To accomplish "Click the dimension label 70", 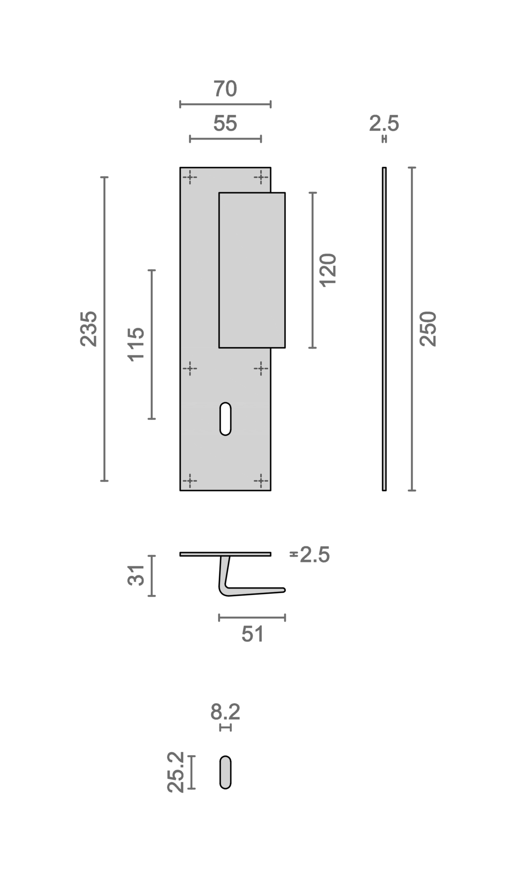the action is click(225, 89).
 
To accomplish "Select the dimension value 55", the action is click(225, 124).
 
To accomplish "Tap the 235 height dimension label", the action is click(89, 329).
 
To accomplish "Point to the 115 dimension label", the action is click(136, 344).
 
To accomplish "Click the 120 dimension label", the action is click(328, 270).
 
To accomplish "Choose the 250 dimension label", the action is click(428, 329).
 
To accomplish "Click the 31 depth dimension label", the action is click(136, 575).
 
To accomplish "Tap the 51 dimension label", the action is click(253, 634).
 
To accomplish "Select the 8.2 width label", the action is click(225, 712).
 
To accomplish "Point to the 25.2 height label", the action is click(175, 772).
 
